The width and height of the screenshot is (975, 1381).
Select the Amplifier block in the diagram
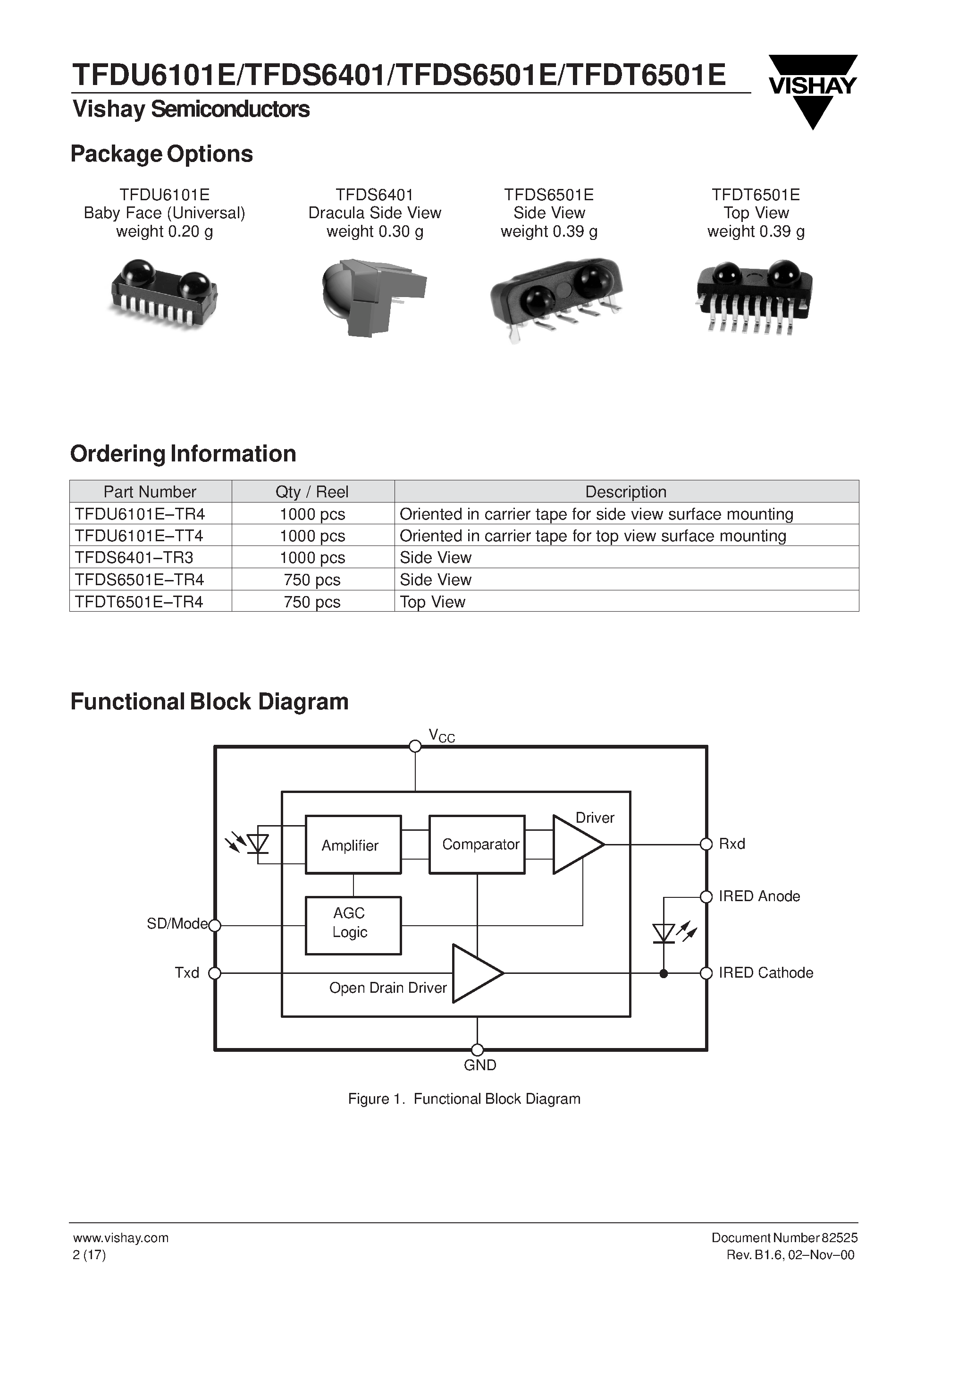[353, 844]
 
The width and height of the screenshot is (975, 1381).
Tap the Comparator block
[477, 844]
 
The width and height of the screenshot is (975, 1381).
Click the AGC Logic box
[353, 925]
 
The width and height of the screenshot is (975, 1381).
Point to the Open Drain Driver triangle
[475, 972]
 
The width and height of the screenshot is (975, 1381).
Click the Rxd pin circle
[706, 844]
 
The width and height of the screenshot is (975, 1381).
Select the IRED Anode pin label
[759, 896]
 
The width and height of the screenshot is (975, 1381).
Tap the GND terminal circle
[477, 1049]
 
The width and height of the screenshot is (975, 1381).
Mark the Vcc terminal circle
[415, 746]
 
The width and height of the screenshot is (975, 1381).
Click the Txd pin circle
[215, 972]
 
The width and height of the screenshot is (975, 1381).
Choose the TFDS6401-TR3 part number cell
[134, 558]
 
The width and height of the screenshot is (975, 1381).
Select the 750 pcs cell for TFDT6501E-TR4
[312, 602]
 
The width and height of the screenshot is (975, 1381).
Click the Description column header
[626, 491]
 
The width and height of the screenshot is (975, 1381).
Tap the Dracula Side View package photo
[373, 298]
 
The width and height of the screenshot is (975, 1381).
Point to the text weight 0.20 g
[164, 231]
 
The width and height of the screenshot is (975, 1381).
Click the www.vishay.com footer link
[121, 1238]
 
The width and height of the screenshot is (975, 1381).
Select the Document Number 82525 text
[784, 1238]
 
